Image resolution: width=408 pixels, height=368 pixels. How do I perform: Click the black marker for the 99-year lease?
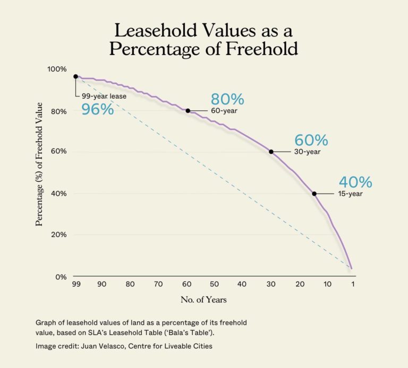(75, 76)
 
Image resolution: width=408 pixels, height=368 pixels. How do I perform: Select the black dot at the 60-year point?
(188, 110)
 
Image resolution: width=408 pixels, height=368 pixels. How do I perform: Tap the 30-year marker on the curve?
(271, 152)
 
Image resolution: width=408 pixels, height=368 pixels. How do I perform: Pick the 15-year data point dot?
(314, 194)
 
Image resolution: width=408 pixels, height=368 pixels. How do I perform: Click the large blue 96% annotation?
(97, 110)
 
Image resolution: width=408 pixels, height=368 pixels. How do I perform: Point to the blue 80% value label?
(227, 99)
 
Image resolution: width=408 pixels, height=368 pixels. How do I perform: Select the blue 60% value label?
(311, 141)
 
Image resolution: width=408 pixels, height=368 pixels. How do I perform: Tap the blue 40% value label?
(355, 182)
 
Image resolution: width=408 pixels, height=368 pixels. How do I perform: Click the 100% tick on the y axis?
(57, 69)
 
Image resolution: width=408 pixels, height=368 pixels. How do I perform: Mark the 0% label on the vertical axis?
(61, 277)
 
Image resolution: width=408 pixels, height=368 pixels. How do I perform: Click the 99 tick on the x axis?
(76, 285)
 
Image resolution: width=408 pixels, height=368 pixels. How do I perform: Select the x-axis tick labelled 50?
(214, 285)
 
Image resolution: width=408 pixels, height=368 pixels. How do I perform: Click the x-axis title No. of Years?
(203, 300)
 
